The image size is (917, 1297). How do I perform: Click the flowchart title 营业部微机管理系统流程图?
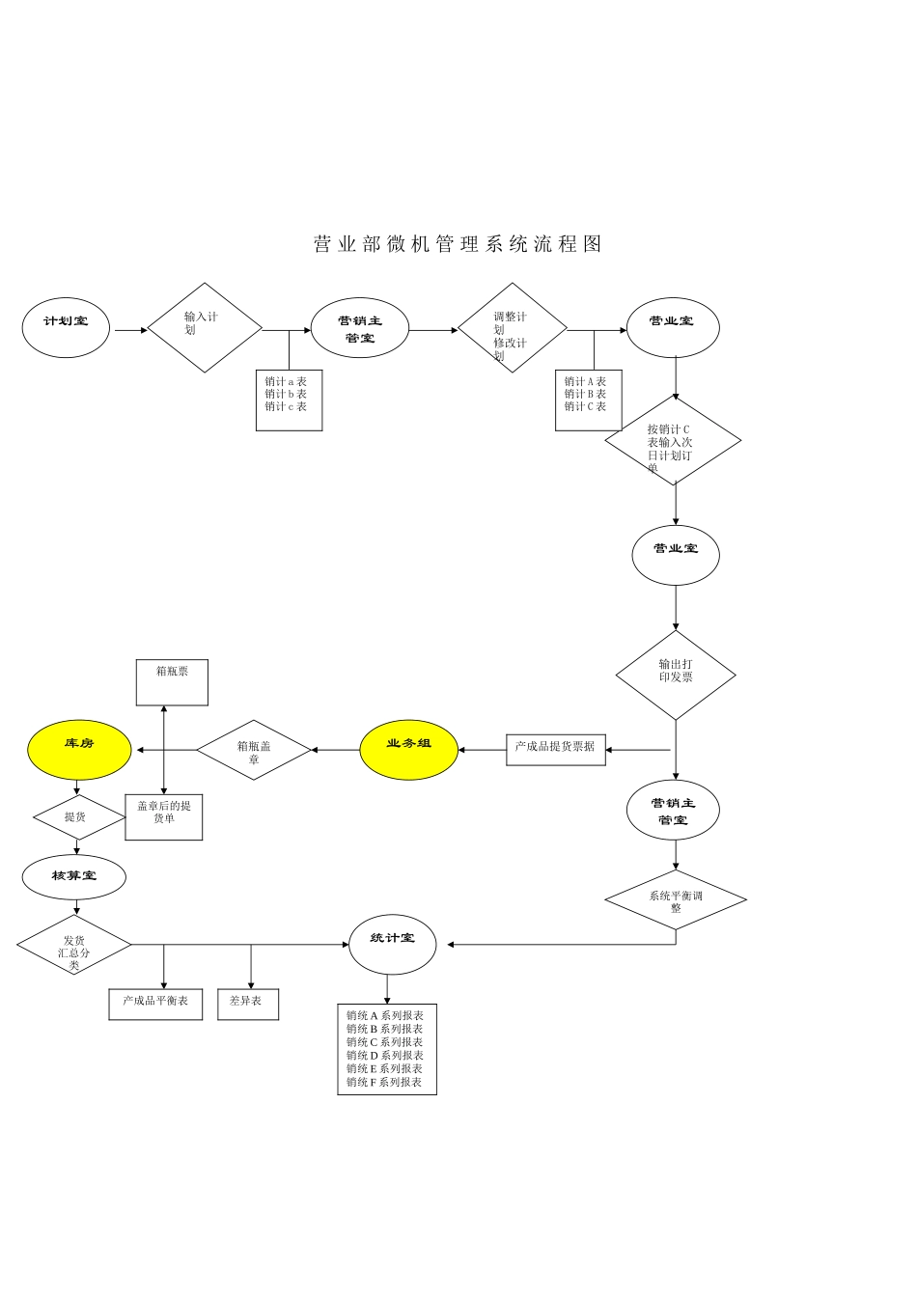tap(458, 244)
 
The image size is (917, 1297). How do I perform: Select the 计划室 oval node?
tap(66, 328)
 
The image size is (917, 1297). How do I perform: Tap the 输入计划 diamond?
tap(205, 328)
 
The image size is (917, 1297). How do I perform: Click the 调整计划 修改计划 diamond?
tap(512, 328)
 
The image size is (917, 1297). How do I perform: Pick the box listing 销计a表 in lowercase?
tap(289, 400)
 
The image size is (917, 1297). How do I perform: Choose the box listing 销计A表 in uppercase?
tap(588, 400)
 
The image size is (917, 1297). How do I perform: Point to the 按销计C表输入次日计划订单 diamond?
tap(673, 441)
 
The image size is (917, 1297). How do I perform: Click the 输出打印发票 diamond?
tap(676, 675)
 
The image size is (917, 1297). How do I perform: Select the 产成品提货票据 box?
tap(555, 750)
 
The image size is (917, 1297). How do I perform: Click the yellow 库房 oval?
tap(79, 750)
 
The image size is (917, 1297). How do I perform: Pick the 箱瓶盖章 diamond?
tap(254, 750)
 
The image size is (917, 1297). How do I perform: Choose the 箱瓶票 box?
tap(172, 682)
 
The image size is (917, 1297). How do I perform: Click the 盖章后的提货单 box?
tap(164, 816)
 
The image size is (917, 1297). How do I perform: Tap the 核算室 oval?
tap(74, 876)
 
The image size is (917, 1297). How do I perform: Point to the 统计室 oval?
tap(392, 944)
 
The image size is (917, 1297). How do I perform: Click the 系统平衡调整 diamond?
tap(676, 900)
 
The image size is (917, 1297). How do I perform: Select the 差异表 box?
tap(247, 1004)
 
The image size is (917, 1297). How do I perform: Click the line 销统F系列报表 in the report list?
tap(385, 1083)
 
